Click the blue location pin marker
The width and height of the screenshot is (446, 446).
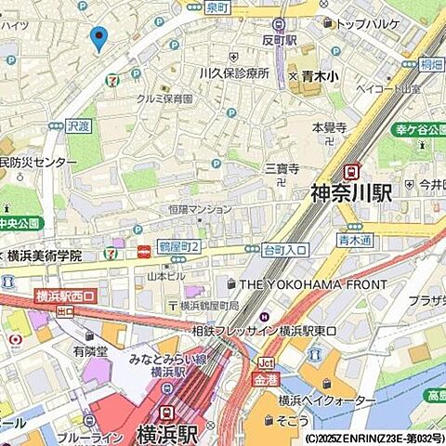click(98, 38)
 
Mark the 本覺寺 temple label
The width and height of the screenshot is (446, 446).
click(329, 126)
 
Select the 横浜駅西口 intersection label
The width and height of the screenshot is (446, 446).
click(67, 296)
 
